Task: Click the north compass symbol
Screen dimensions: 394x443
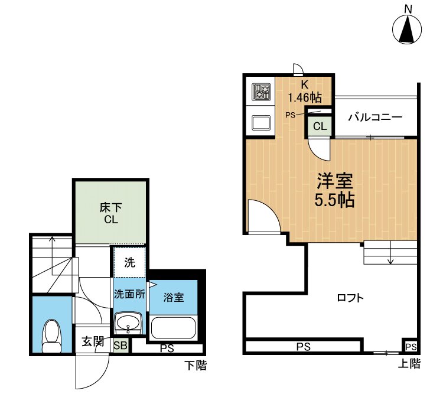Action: [x=408, y=28]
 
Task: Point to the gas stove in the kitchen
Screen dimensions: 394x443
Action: [x=261, y=92]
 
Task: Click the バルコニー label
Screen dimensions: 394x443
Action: [x=374, y=117]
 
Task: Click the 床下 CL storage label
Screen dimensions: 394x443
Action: [x=109, y=214]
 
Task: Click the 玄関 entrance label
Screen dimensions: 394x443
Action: [x=93, y=341]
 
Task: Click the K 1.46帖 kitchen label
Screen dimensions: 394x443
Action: [x=305, y=91]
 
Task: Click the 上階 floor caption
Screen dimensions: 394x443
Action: [x=409, y=364]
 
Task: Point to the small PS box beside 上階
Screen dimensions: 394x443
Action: [x=411, y=346]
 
